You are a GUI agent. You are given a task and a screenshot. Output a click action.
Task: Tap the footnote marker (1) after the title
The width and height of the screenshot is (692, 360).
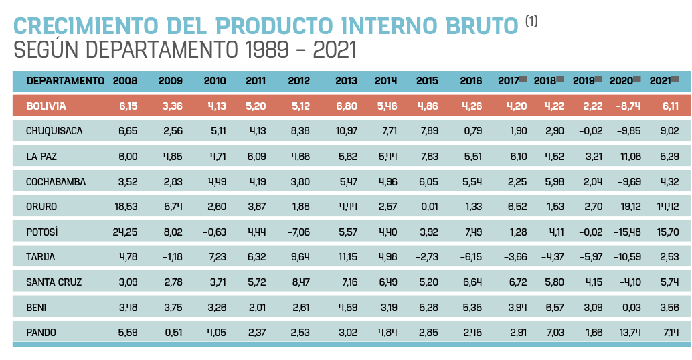tap(531, 21)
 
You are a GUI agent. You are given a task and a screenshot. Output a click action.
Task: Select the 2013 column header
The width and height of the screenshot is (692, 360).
tap(346, 81)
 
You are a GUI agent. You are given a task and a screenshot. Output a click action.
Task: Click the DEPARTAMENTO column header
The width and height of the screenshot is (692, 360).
tap(66, 81)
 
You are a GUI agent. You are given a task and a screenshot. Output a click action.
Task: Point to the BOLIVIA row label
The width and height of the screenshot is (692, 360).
tap(46, 106)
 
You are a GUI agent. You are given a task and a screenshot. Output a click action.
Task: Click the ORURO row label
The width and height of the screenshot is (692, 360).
tap(41, 207)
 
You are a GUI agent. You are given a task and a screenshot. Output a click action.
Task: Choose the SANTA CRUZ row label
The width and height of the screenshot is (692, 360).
tap(54, 282)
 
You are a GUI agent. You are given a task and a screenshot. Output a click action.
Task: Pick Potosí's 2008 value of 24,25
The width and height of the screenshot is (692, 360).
tap(125, 232)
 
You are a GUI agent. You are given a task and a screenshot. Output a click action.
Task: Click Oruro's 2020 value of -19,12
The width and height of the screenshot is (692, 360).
tap(627, 207)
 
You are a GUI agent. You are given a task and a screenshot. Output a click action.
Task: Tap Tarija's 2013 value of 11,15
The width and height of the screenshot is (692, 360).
tap(348, 257)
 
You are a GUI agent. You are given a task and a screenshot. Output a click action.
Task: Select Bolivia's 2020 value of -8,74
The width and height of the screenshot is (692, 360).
tap(628, 106)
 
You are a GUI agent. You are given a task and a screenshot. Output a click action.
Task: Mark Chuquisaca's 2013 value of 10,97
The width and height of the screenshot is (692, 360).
tap(347, 131)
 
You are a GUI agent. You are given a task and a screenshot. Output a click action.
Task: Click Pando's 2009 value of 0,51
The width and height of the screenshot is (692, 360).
tap(173, 332)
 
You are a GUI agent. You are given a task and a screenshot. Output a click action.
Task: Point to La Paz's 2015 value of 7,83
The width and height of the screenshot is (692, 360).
tap(429, 156)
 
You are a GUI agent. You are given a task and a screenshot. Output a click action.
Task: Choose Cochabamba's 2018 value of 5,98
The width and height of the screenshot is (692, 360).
tap(555, 182)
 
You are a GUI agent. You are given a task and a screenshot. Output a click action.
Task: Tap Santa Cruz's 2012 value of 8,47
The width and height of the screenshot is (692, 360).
tap(300, 282)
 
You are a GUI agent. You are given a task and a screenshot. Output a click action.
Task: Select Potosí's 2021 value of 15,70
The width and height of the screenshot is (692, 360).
tap(668, 232)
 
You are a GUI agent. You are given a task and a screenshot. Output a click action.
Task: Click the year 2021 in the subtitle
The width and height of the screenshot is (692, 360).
tap(335, 50)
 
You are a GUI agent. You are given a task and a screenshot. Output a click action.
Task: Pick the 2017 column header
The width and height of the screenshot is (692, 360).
tap(509, 81)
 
